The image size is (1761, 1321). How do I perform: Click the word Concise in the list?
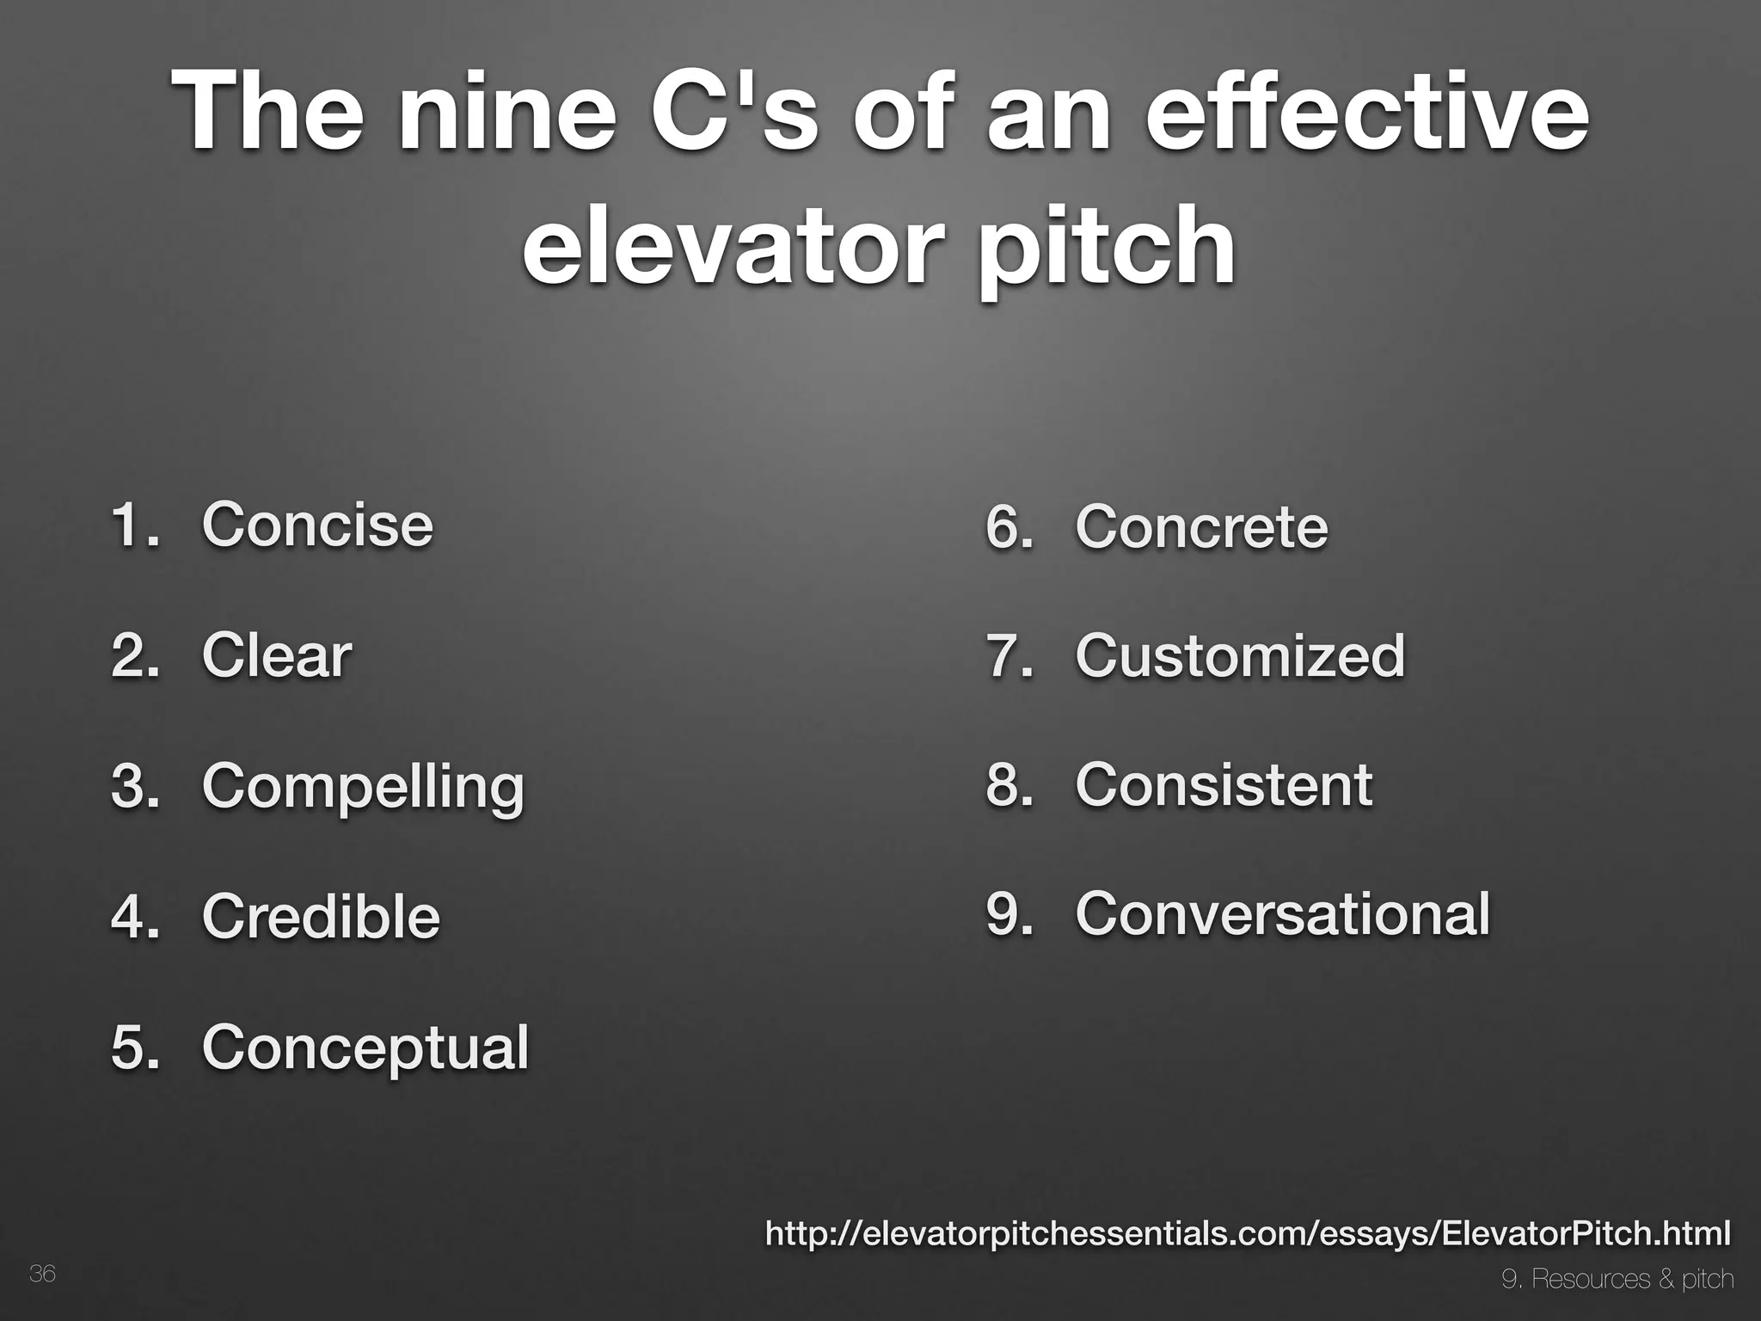pyautogui.click(x=317, y=524)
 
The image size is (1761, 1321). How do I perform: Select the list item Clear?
pyautogui.click(x=276, y=654)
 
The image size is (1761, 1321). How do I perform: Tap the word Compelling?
pyautogui.click(x=362, y=786)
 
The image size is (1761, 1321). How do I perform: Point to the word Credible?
pyautogui.click(x=321, y=916)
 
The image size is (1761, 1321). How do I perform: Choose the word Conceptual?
pyautogui.click(x=365, y=1048)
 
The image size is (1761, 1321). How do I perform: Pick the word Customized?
pyautogui.click(x=1239, y=655)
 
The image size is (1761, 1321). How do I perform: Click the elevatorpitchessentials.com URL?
pyautogui.click(x=1248, y=1234)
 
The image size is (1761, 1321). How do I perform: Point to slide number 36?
pyautogui.click(x=42, y=1274)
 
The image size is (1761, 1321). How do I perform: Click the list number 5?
pyautogui.click(x=134, y=1048)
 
